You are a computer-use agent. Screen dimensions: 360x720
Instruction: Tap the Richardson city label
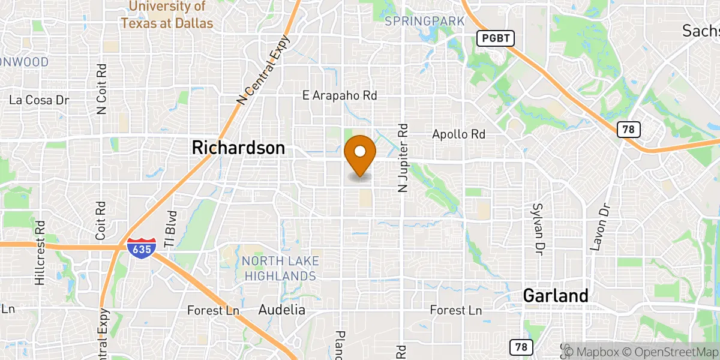coord(238,148)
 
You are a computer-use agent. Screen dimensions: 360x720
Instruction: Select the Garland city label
coord(555,295)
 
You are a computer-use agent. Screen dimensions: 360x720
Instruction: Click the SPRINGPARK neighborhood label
coord(425,22)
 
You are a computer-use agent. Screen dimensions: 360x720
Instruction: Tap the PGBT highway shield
coord(496,38)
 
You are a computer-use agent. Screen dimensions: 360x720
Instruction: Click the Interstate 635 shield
coord(142,247)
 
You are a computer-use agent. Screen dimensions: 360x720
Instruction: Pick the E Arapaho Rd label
coord(340,95)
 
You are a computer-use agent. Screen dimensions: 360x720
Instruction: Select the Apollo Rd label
coord(458,134)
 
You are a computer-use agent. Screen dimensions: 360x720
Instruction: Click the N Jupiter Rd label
coord(403,158)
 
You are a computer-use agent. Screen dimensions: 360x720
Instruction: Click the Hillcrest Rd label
coord(40,253)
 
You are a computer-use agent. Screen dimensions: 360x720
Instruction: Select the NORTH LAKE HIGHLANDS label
coord(280,268)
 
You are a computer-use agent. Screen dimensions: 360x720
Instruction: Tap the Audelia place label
coord(281,310)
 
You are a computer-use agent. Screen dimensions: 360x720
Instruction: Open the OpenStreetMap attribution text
coord(668,350)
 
